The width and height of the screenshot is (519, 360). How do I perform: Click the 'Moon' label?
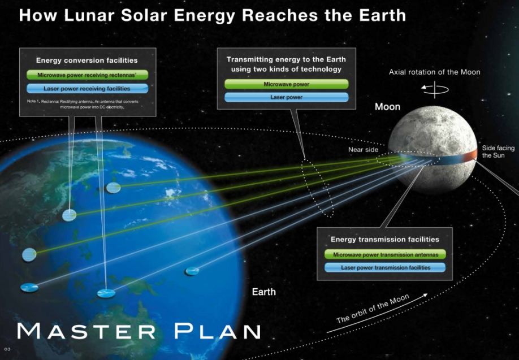point(387,107)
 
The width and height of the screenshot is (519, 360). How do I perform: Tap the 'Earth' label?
point(264,292)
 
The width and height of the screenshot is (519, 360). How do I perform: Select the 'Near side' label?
point(363,150)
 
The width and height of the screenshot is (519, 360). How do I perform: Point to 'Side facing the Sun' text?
point(498,151)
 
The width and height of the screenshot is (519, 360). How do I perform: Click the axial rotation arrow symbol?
point(435,89)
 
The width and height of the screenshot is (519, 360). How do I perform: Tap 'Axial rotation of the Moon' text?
point(434,72)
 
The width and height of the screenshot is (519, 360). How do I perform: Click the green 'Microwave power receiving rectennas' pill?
point(88,75)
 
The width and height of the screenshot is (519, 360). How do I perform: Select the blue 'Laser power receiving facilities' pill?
point(88,88)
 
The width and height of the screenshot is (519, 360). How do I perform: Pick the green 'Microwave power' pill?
point(286,84)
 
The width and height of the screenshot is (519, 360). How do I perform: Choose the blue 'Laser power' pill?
point(286,97)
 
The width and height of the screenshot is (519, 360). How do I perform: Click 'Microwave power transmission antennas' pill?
point(385,254)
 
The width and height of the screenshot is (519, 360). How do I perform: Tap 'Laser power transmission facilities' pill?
point(385,267)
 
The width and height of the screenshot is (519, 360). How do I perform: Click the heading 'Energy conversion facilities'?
point(86,60)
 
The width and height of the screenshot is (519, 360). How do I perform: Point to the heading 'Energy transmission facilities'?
point(384,239)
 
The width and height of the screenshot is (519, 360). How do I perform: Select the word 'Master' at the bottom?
point(86,331)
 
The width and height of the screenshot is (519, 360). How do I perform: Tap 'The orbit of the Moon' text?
point(373,309)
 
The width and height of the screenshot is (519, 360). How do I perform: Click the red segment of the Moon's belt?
point(470,155)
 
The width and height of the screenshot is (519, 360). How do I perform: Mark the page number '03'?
point(7,349)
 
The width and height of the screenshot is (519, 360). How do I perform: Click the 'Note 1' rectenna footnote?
point(83,104)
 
